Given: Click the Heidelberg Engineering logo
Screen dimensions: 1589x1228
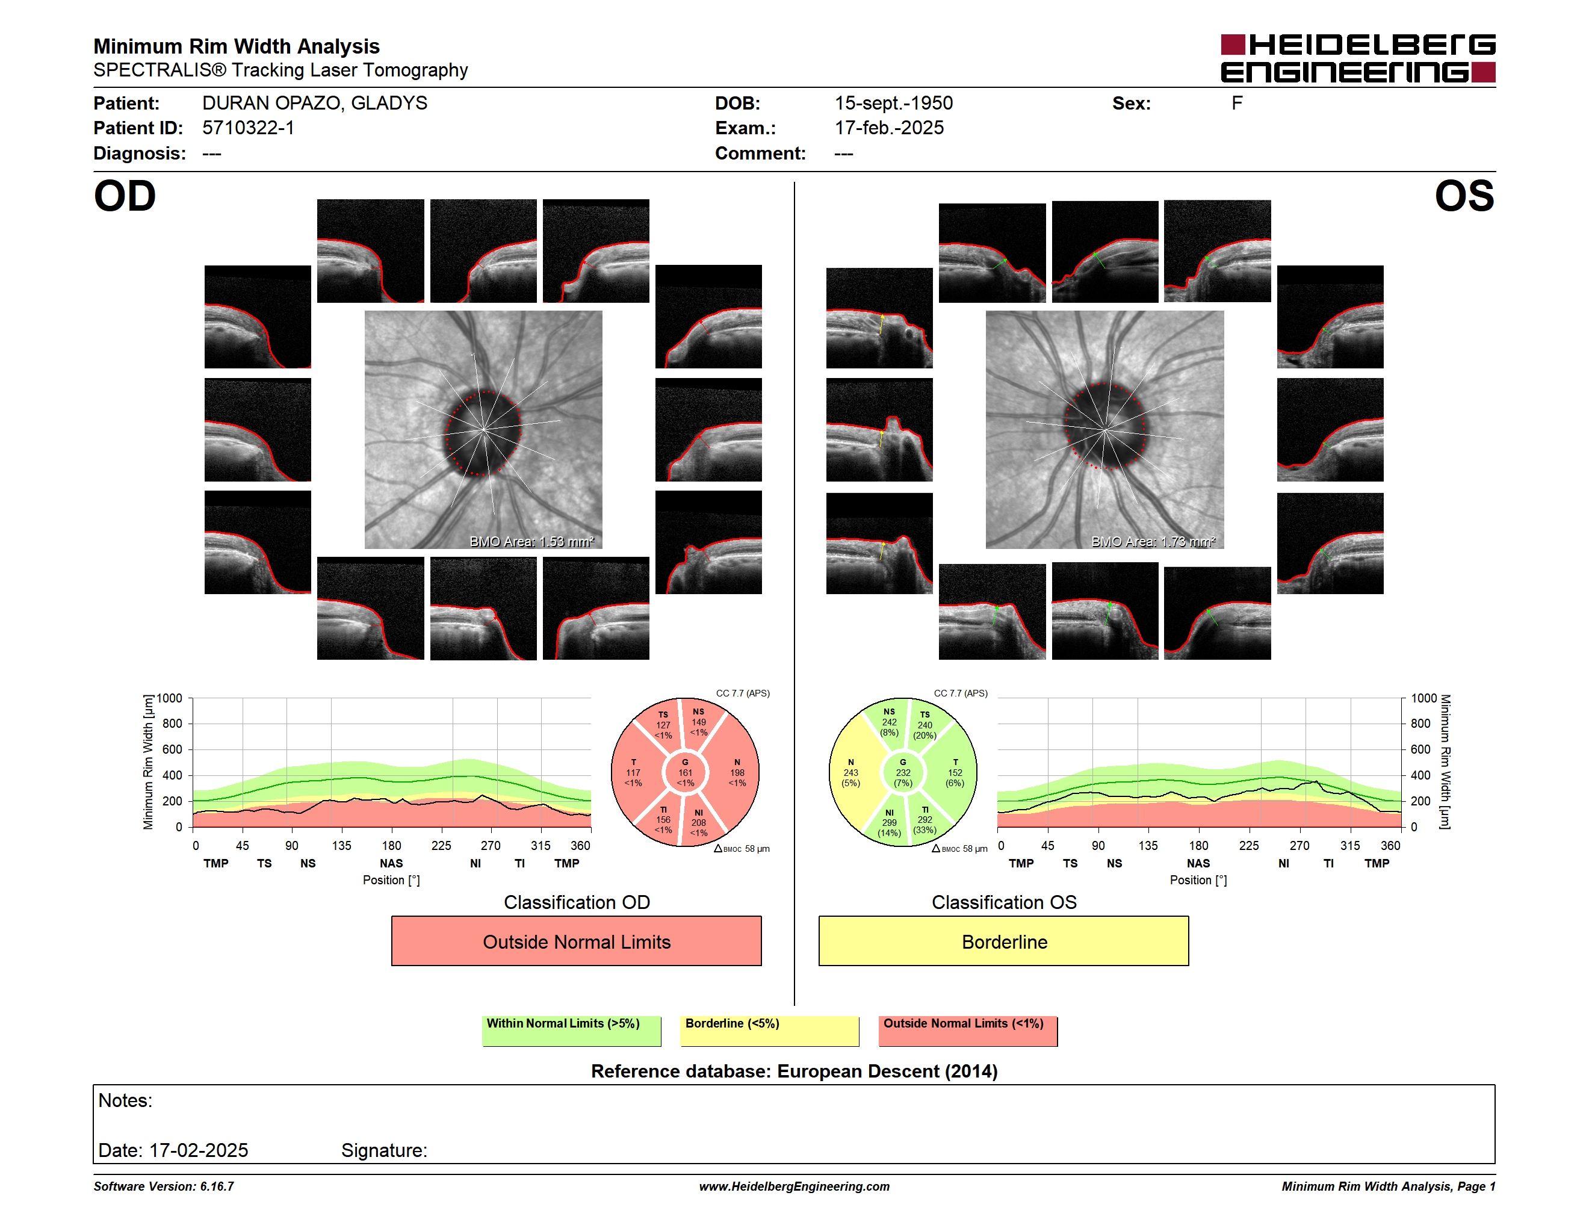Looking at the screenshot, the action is (x=1358, y=58).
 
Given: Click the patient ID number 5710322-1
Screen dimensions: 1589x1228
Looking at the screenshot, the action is (x=248, y=128).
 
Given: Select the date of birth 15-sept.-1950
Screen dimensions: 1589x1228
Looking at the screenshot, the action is (x=893, y=104).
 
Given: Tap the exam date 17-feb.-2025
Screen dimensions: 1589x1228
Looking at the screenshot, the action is (x=889, y=128).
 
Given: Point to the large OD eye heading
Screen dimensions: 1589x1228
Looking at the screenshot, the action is (x=125, y=196).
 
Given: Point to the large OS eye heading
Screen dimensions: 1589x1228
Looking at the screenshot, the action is (x=1464, y=196).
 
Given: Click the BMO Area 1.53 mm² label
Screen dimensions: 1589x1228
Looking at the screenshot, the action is (x=532, y=541).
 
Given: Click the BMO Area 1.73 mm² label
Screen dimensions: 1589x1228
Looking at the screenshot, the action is (x=1153, y=541).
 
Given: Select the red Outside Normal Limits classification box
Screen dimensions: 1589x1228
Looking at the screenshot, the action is (x=576, y=941).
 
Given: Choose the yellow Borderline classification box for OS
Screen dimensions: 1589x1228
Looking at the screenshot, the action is (x=1004, y=941).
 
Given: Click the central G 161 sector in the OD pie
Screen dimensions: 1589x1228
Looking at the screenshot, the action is (x=684, y=772).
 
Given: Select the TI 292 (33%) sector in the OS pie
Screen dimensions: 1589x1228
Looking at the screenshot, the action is (x=925, y=820).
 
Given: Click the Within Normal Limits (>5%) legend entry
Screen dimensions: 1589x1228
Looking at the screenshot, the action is (x=571, y=1031).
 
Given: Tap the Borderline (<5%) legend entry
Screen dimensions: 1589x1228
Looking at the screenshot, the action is (x=769, y=1031).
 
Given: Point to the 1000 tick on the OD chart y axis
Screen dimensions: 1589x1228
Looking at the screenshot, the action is (x=170, y=698).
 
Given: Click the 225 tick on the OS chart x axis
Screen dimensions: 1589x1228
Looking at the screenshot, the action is (x=1248, y=845).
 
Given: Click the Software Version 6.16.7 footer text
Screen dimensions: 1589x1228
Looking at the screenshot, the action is (x=164, y=1186).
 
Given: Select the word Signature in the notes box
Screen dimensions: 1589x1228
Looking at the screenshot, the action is (x=384, y=1150).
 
